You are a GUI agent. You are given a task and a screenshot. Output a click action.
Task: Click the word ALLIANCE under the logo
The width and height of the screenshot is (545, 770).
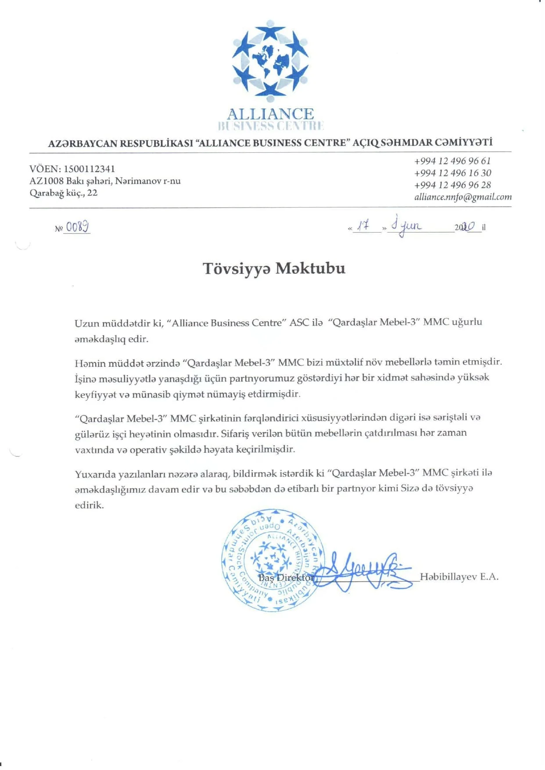tap(270, 114)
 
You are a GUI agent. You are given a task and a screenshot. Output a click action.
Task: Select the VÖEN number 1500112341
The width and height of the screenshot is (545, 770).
tap(89, 169)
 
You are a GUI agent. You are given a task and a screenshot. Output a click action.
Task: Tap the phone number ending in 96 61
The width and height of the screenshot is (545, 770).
tap(452, 161)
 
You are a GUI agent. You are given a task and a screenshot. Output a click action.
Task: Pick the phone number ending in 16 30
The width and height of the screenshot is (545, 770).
tap(452, 173)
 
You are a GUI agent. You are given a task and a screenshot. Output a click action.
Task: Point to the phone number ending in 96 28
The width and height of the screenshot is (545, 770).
tap(452, 185)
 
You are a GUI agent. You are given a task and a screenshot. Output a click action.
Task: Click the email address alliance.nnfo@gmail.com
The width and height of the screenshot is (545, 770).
tap(463, 197)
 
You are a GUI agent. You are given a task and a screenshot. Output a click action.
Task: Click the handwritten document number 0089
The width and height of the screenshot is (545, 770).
tap(77, 226)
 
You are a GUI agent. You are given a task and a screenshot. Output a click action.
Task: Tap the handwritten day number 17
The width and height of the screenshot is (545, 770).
tap(363, 226)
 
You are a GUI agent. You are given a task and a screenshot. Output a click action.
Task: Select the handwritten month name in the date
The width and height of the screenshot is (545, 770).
tap(406, 226)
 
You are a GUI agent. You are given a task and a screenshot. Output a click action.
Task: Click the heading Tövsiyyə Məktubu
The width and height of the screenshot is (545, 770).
tap(274, 268)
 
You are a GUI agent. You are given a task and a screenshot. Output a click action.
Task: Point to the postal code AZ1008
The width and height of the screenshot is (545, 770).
tap(47, 181)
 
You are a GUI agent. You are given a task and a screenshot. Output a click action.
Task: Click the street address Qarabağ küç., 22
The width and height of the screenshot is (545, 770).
tap(64, 193)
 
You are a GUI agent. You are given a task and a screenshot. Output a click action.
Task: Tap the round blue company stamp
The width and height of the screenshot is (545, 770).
tap(273, 560)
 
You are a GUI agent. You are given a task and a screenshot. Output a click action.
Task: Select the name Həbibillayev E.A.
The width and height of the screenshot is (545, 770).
tap(459, 577)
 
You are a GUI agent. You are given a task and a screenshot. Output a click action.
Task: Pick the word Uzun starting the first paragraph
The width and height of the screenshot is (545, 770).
tap(87, 323)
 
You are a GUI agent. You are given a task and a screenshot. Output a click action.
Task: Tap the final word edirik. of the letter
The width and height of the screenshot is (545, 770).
tap(90, 505)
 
